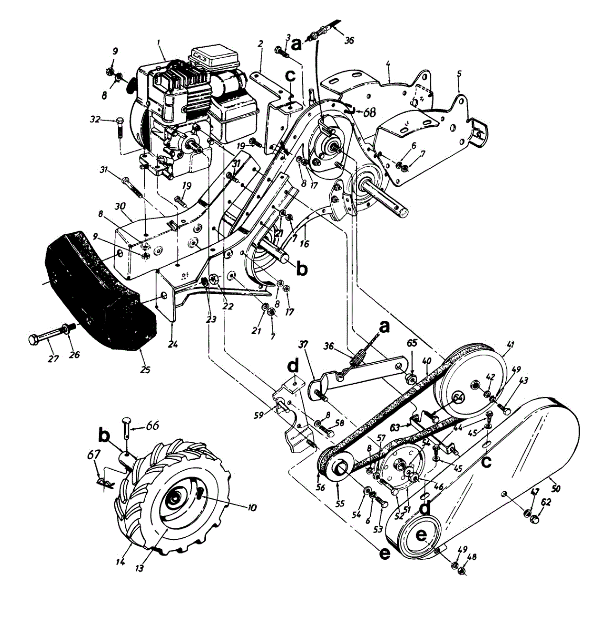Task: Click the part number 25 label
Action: click(x=145, y=369)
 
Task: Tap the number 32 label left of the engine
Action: click(x=95, y=120)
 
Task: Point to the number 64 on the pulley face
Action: click(x=458, y=397)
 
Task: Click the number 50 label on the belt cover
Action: click(x=556, y=488)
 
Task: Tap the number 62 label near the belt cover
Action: click(x=546, y=502)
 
